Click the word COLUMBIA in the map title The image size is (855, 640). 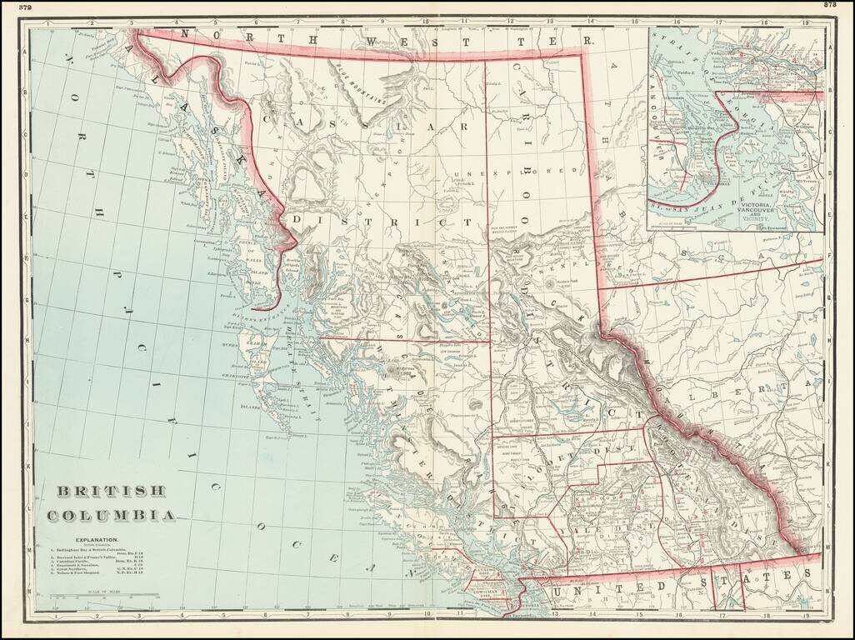point(111,514)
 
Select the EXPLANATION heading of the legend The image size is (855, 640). point(94,540)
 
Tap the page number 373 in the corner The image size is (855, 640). point(830,5)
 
